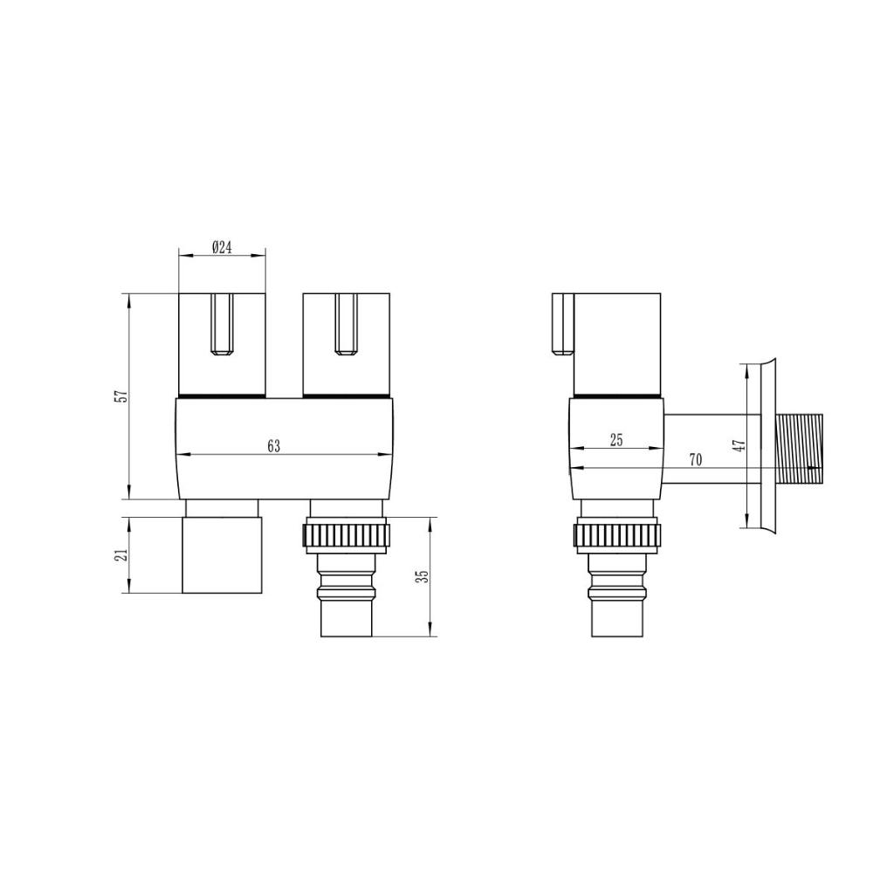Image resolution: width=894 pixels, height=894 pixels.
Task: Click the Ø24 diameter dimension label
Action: [x=222, y=247]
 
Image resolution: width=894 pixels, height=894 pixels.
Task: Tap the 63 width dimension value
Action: [x=274, y=446]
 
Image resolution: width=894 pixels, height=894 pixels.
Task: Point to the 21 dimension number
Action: [x=121, y=554]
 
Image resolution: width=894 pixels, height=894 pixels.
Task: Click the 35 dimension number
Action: [x=423, y=576]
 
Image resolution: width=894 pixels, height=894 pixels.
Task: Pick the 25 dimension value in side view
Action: [x=616, y=440]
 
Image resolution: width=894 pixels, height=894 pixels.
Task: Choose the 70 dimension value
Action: [x=696, y=459]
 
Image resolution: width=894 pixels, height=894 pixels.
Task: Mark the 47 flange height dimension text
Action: [x=739, y=445]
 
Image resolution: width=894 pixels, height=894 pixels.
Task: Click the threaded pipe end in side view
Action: [x=801, y=450]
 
